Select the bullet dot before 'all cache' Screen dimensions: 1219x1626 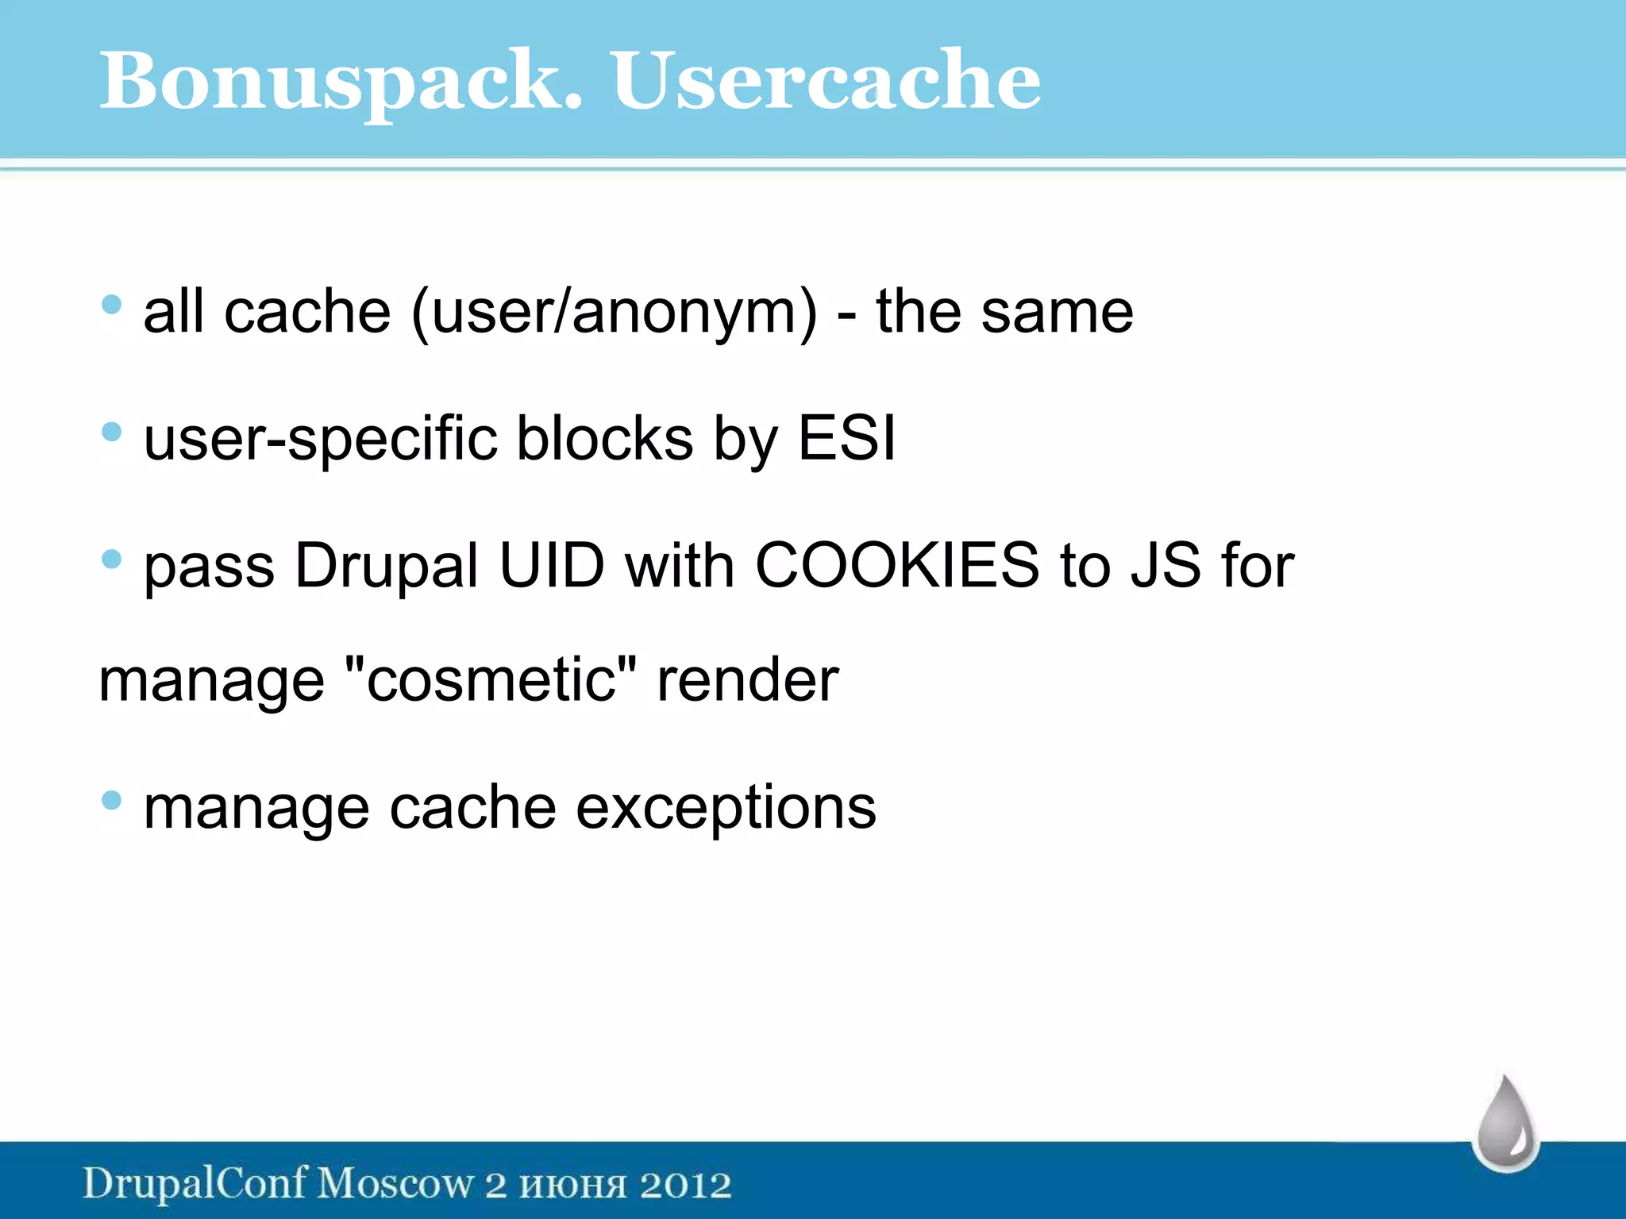coord(112,304)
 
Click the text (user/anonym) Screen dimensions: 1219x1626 coord(614,313)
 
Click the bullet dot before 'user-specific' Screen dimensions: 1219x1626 coord(112,432)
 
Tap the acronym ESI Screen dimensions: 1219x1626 coord(846,438)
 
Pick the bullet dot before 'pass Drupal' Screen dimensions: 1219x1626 coord(112,560)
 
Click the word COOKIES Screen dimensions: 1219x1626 coord(897,566)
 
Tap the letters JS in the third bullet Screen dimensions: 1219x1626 coord(1166,566)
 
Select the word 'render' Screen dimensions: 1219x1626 coord(747,680)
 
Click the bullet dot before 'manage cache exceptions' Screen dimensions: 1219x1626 coord(112,800)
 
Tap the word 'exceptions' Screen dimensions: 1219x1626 coord(726,809)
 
